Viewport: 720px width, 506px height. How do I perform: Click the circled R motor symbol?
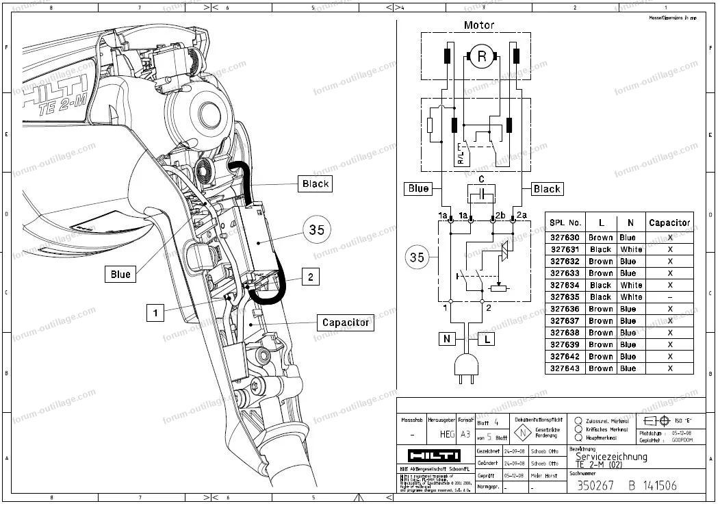tap(481, 57)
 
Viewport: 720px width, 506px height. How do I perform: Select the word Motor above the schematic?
tap(478, 25)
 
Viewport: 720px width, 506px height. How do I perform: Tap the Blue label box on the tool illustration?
tap(120, 275)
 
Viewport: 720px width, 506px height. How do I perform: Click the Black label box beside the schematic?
tap(546, 189)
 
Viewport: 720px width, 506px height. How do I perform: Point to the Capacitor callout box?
tap(345, 322)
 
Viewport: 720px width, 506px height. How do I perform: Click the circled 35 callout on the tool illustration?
tap(316, 230)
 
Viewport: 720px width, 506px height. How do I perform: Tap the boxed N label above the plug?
tap(447, 339)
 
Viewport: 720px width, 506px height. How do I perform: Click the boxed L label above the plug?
tap(486, 339)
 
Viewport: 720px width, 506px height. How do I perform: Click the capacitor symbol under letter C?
tap(482, 194)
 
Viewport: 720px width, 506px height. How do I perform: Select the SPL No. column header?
tap(565, 223)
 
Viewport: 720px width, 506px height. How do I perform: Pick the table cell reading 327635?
tap(565, 297)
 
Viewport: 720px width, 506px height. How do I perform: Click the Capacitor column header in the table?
tap(669, 223)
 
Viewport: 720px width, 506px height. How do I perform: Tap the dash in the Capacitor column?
tap(669, 297)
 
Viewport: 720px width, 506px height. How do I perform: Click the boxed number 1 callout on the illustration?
tap(156, 313)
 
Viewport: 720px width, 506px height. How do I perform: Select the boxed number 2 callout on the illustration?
tap(311, 277)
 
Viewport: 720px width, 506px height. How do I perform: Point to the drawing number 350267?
tap(591, 485)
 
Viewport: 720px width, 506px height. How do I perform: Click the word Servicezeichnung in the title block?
tap(610, 457)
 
